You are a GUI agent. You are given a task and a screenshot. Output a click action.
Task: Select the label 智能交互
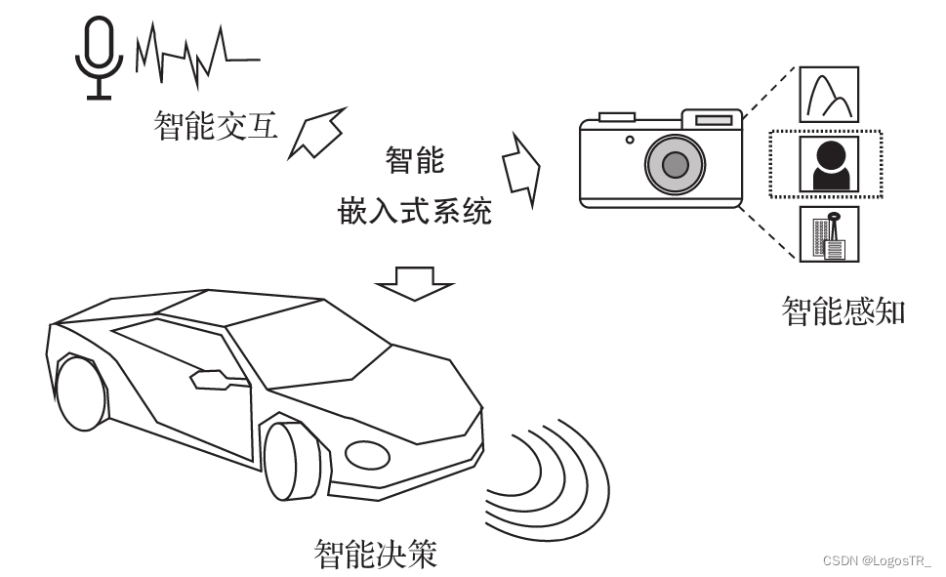click(216, 126)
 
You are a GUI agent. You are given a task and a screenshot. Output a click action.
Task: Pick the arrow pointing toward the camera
click(520, 167)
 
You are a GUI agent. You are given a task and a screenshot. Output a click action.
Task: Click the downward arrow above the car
click(415, 283)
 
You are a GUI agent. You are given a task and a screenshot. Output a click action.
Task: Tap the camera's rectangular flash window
click(714, 120)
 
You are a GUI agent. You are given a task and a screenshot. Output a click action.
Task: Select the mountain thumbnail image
click(829, 95)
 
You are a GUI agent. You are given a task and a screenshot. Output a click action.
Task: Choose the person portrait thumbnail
click(829, 163)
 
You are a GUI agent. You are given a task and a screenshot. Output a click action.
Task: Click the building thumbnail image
click(829, 233)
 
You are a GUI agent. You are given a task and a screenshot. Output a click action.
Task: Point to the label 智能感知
click(843, 311)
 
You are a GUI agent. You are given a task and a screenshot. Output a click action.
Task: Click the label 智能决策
click(375, 554)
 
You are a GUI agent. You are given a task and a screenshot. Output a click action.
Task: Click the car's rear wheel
click(78, 395)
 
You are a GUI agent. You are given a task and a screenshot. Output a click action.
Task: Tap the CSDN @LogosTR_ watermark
click(877, 561)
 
